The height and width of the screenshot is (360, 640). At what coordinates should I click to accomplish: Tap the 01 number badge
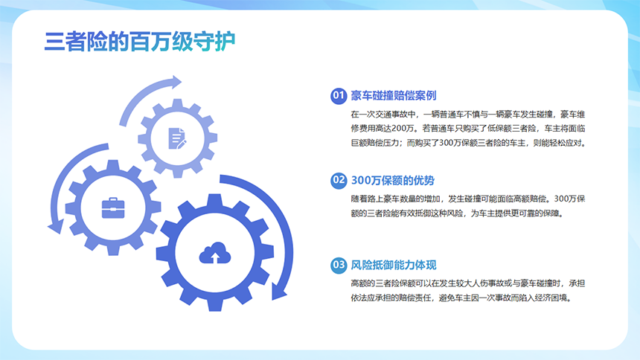[x=339, y=95]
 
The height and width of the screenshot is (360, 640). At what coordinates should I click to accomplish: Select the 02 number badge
[x=339, y=180]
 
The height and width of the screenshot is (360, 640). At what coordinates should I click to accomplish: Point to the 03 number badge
[x=339, y=265]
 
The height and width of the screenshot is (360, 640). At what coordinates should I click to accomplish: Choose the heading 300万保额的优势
[x=392, y=180]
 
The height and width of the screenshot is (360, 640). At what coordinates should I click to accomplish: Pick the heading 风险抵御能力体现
[x=393, y=265]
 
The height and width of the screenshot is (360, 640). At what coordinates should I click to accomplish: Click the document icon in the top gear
[x=177, y=137]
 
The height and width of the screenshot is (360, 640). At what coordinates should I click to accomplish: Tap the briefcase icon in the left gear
[x=113, y=206]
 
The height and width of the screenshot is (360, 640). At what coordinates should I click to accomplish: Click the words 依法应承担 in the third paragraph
[x=374, y=297]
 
